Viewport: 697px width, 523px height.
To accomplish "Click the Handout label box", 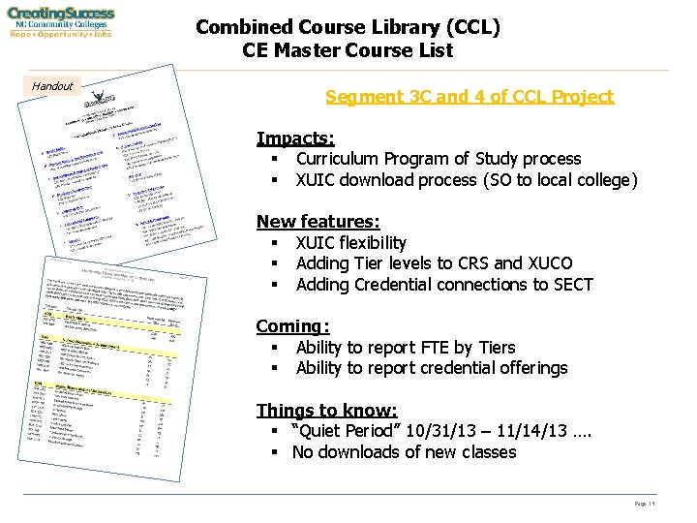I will [52, 86].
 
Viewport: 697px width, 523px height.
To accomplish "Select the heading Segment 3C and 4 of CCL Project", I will [470, 97].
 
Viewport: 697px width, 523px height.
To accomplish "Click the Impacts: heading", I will [295, 138].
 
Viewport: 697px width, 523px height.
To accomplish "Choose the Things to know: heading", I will [326, 411].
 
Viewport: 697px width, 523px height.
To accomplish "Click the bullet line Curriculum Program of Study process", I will [439, 159].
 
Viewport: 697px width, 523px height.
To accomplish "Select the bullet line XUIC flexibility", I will [350, 243].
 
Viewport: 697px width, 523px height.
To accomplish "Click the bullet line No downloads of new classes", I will [404, 452].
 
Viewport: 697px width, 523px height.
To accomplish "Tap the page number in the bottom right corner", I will [646, 504].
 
